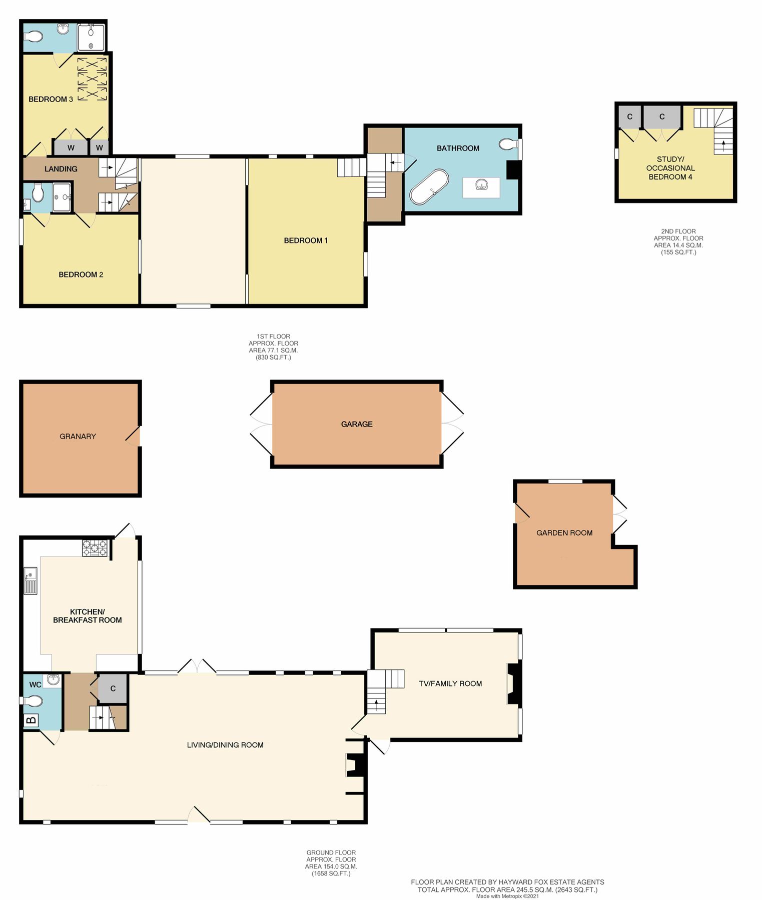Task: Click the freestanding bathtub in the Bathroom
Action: click(x=429, y=187)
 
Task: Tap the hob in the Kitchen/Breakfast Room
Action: click(x=95, y=548)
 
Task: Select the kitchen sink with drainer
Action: click(x=31, y=581)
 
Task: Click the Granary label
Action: click(x=78, y=436)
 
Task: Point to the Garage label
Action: click(x=357, y=424)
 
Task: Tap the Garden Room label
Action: click(x=564, y=533)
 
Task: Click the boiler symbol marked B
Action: click(x=31, y=720)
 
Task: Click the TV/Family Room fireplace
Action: click(x=514, y=683)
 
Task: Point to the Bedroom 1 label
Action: click(x=306, y=240)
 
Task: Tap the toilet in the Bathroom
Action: click(x=508, y=144)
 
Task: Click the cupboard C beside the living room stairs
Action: click(x=113, y=688)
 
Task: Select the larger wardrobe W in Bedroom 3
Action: click(x=71, y=148)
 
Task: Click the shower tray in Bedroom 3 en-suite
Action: click(x=91, y=37)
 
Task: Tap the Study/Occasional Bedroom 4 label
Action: click(x=670, y=168)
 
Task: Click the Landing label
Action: click(x=61, y=169)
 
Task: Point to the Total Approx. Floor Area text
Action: click(x=507, y=889)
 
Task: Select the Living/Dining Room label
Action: click(x=225, y=745)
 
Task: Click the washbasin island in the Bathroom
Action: click(x=481, y=187)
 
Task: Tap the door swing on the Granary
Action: click(x=133, y=436)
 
